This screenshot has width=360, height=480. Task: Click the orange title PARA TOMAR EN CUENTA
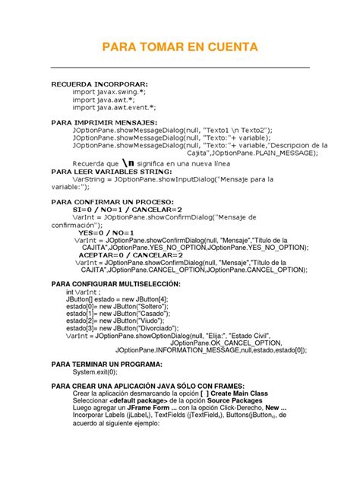tap(179, 48)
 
